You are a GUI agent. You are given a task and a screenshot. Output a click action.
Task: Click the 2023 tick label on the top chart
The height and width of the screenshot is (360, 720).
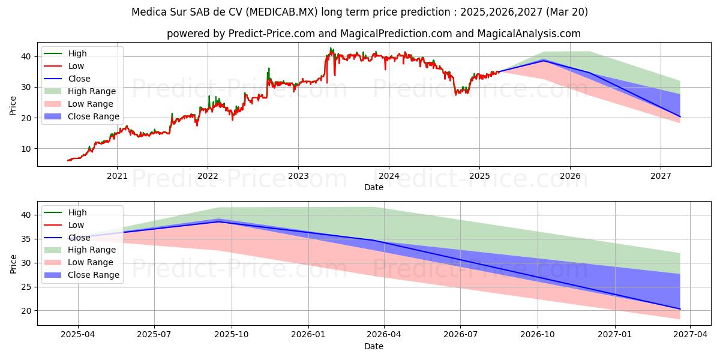[x=298, y=176]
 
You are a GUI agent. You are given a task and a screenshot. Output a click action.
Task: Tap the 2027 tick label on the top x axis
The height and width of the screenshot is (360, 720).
[x=661, y=176]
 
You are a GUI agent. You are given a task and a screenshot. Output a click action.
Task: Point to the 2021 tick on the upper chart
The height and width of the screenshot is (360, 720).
[x=117, y=176]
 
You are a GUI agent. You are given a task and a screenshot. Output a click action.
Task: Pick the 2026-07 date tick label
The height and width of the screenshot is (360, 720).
[x=460, y=335]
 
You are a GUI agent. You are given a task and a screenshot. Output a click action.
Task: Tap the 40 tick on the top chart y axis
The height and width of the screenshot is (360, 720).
[x=25, y=56]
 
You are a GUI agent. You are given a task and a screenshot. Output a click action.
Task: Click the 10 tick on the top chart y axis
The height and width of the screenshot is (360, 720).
[x=25, y=149]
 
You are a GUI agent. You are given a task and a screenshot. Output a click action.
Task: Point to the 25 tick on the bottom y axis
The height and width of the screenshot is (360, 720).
[x=25, y=287]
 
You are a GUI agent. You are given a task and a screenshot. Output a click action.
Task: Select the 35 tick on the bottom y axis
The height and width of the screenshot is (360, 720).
[x=25, y=239]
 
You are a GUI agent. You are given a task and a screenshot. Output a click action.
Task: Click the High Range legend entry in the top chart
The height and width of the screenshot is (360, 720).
[x=92, y=91]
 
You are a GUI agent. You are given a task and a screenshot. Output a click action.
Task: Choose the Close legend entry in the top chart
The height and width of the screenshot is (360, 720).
[x=79, y=79]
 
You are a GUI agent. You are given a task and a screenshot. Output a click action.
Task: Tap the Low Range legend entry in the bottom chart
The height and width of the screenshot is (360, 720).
[x=91, y=262]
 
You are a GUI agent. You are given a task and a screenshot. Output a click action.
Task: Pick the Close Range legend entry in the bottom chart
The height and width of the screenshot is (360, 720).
[x=94, y=275]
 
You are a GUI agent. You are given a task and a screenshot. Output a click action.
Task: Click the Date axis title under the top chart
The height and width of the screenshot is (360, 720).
[x=374, y=187]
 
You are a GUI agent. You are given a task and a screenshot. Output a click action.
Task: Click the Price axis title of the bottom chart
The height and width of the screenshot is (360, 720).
[x=13, y=263]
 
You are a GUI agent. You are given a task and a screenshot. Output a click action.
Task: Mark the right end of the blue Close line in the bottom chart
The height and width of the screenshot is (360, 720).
[x=680, y=309]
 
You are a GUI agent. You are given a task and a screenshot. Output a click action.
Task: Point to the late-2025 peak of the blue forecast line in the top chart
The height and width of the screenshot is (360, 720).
[x=544, y=61]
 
